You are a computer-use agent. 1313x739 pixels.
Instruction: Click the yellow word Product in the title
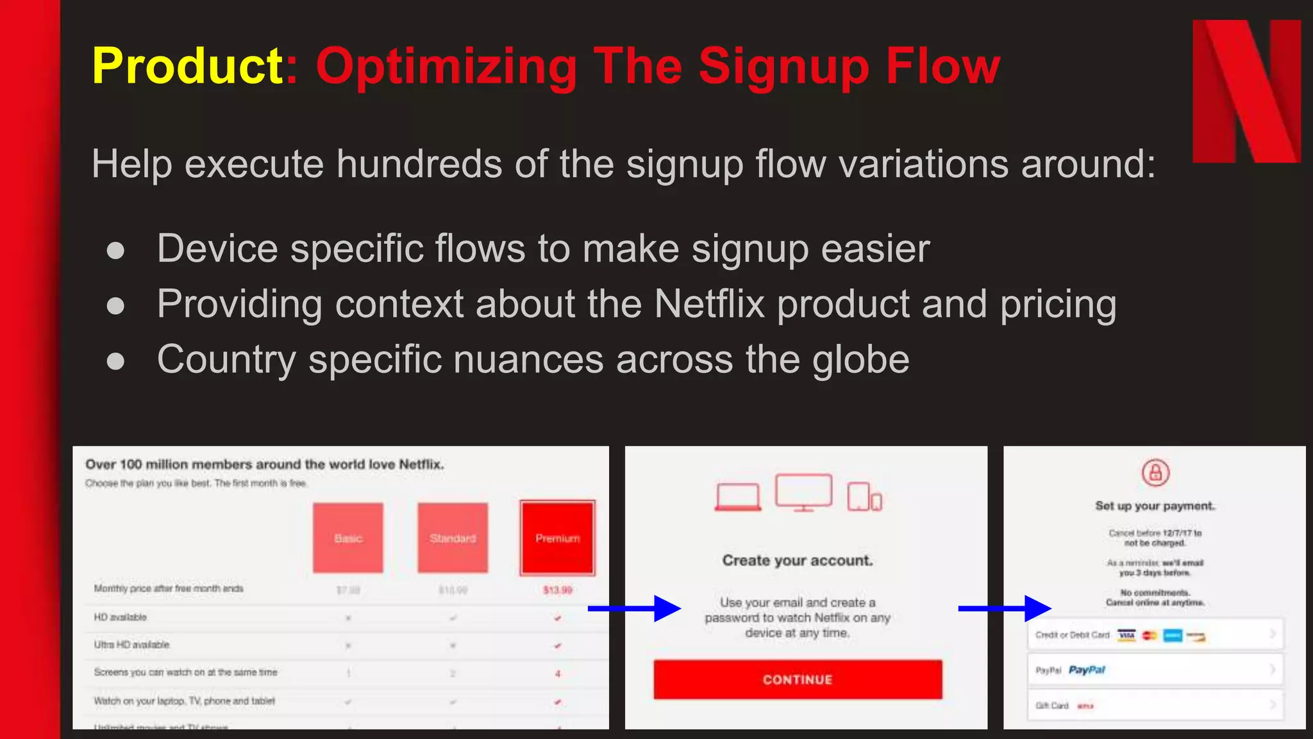click(187, 65)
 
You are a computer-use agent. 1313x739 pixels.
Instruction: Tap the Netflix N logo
click(1246, 91)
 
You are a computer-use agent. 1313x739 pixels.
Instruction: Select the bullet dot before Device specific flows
click(115, 250)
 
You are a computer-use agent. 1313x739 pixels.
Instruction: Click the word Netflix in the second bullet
click(709, 303)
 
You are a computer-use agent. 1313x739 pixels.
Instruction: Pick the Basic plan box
click(348, 538)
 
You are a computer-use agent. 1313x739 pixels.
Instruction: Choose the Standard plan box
click(453, 538)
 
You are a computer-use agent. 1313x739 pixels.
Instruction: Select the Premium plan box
click(557, 538)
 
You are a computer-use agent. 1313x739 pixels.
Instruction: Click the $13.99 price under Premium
click(557, 590)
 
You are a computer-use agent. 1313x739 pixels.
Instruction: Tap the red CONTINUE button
click(798, 679)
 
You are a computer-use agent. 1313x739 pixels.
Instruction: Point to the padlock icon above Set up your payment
click(1155, 473)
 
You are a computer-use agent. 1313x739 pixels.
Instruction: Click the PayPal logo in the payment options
click(1087, 670)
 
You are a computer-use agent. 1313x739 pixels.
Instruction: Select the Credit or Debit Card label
click(1072, 635)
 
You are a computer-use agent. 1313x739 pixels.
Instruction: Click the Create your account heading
click(798, 561)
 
